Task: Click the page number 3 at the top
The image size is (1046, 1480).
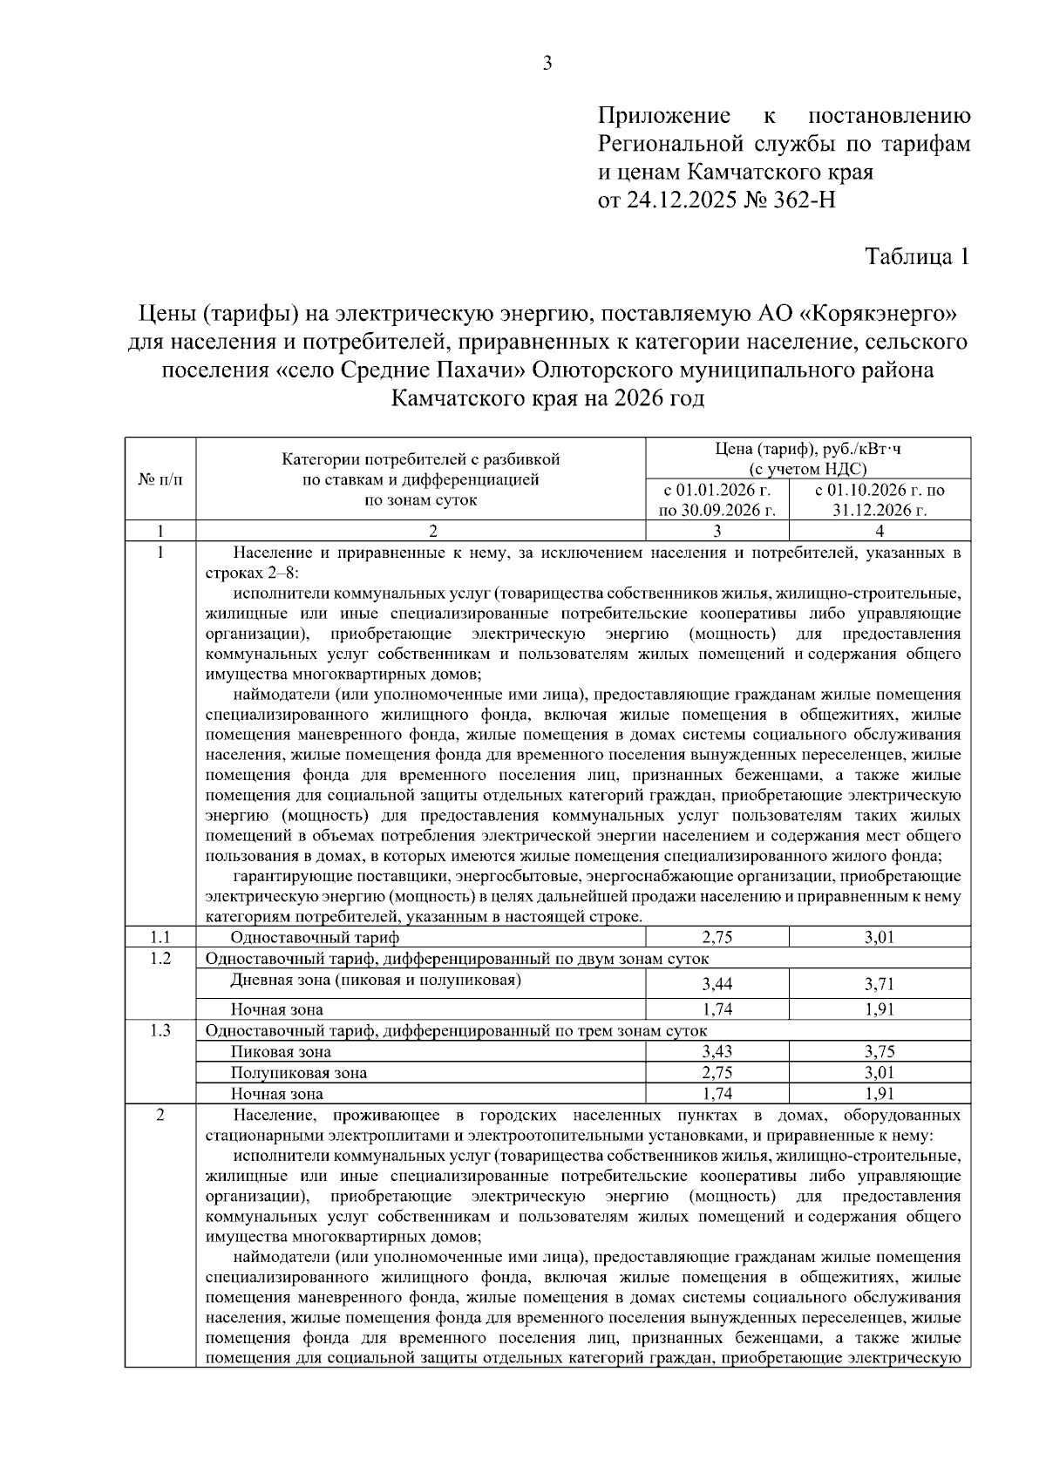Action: [547, 63]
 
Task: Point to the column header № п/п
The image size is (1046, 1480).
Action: [161, 479]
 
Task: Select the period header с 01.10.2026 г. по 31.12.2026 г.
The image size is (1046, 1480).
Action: [880, 500]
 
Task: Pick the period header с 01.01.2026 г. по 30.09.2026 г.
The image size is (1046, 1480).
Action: [717, 500]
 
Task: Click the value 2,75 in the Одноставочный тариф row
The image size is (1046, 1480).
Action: [717, 938]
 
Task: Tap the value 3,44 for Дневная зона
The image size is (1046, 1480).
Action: [717, 984]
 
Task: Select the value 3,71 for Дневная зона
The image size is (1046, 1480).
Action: [880, 984]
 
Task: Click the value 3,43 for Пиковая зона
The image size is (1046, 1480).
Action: [717, 1051]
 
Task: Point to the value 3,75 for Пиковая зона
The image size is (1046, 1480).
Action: [880, 1051]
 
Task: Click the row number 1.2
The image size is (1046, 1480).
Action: [160, 959]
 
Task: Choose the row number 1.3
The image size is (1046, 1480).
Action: [160, 1030]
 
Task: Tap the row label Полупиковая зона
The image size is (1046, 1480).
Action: [298, 1073]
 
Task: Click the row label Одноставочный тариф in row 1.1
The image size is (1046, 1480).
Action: [315, 938]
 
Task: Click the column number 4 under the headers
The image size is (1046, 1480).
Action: [880, 531]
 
